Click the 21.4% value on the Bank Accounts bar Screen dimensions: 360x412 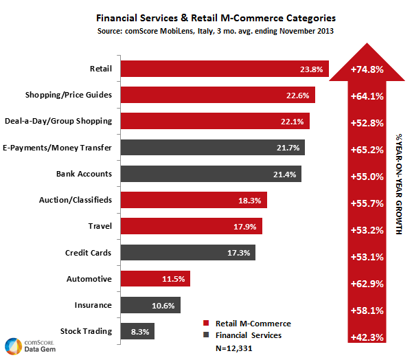(x=284, y=174)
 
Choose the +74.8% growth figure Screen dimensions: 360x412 (x=367, y=69)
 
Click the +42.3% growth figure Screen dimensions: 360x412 (x=367, y=337)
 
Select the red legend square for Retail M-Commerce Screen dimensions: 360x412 (x=206, y=324)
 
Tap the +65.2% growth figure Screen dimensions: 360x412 (x=367, y=148)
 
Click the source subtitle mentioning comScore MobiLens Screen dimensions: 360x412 (x=207, y=32)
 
